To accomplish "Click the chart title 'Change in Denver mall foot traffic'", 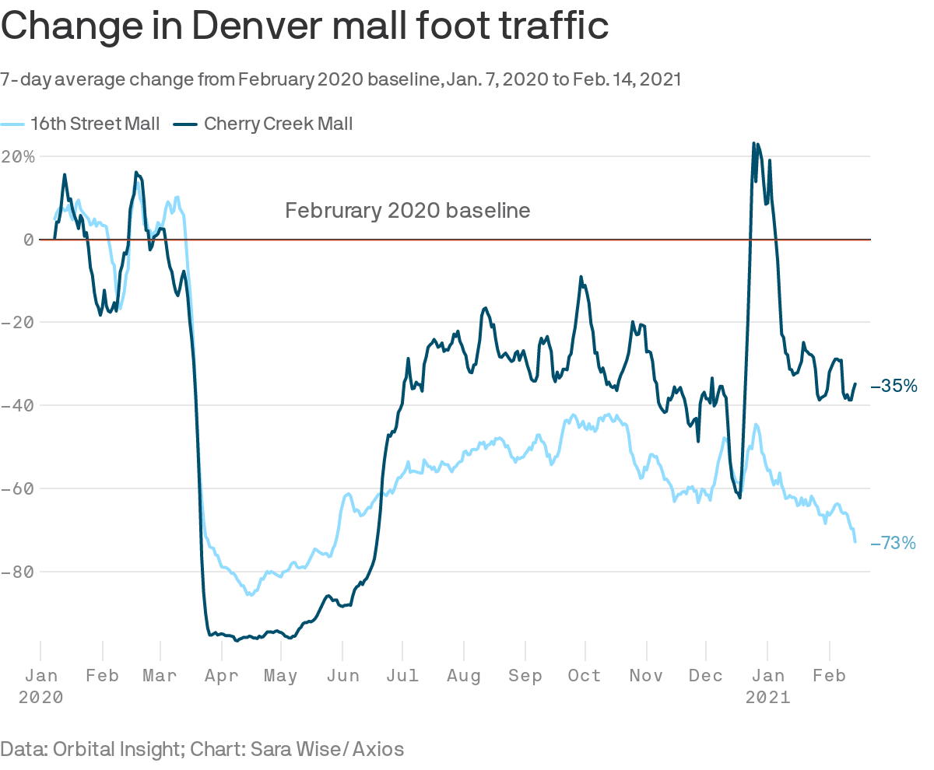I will point(304,26).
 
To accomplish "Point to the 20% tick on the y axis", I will point(19,156).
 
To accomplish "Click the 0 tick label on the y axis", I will point(28,240).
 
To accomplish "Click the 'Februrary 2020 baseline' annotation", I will point(407,211).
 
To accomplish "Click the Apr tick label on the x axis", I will point(221,676).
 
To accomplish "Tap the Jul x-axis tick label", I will point(402,676).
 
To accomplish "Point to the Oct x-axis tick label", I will point(585,676).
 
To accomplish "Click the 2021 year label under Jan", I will point(767,698).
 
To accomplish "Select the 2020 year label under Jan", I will point(40,698).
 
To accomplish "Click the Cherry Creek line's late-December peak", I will point(753,144).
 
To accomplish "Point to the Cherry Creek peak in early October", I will point(581,277).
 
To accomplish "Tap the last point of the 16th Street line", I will point(855,541).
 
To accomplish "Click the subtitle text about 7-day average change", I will point(341,80).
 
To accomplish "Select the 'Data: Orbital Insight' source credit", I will point(202,749).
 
